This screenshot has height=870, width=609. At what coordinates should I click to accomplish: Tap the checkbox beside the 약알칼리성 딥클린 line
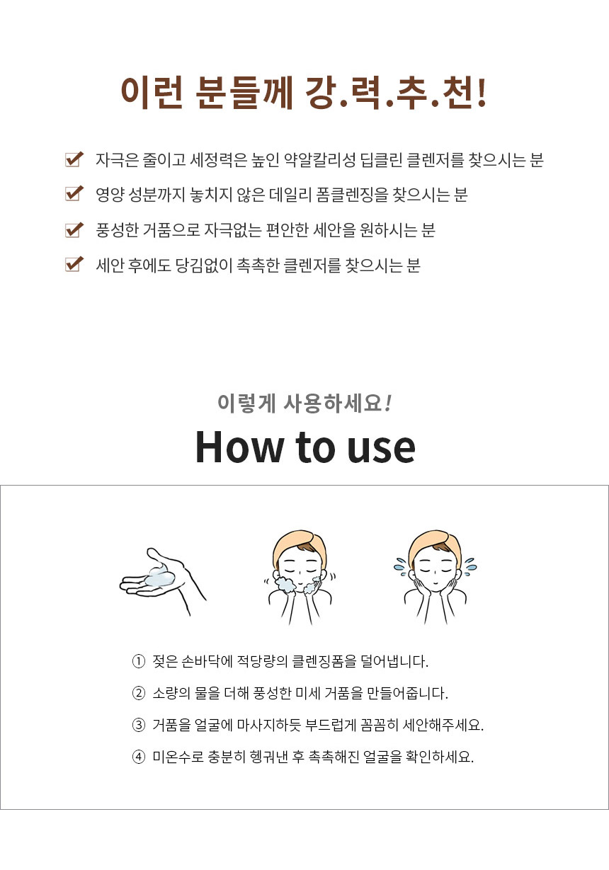click(74, 159)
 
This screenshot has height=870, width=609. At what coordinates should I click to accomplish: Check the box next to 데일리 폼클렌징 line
click(74, 194)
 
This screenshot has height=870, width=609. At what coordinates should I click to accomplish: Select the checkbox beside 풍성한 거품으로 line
click(74, 229)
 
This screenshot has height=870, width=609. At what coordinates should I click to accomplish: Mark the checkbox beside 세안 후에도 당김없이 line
click(74, 265)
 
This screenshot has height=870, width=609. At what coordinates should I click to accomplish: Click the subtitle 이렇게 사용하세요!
click(304, 403)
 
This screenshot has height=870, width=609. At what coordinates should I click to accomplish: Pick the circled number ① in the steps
click(138, 662)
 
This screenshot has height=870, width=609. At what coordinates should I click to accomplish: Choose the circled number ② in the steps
click(138, 693)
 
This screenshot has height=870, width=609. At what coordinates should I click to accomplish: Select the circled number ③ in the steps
click(138, 725)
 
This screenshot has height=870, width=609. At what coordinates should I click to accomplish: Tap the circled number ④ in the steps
click(138, 756)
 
